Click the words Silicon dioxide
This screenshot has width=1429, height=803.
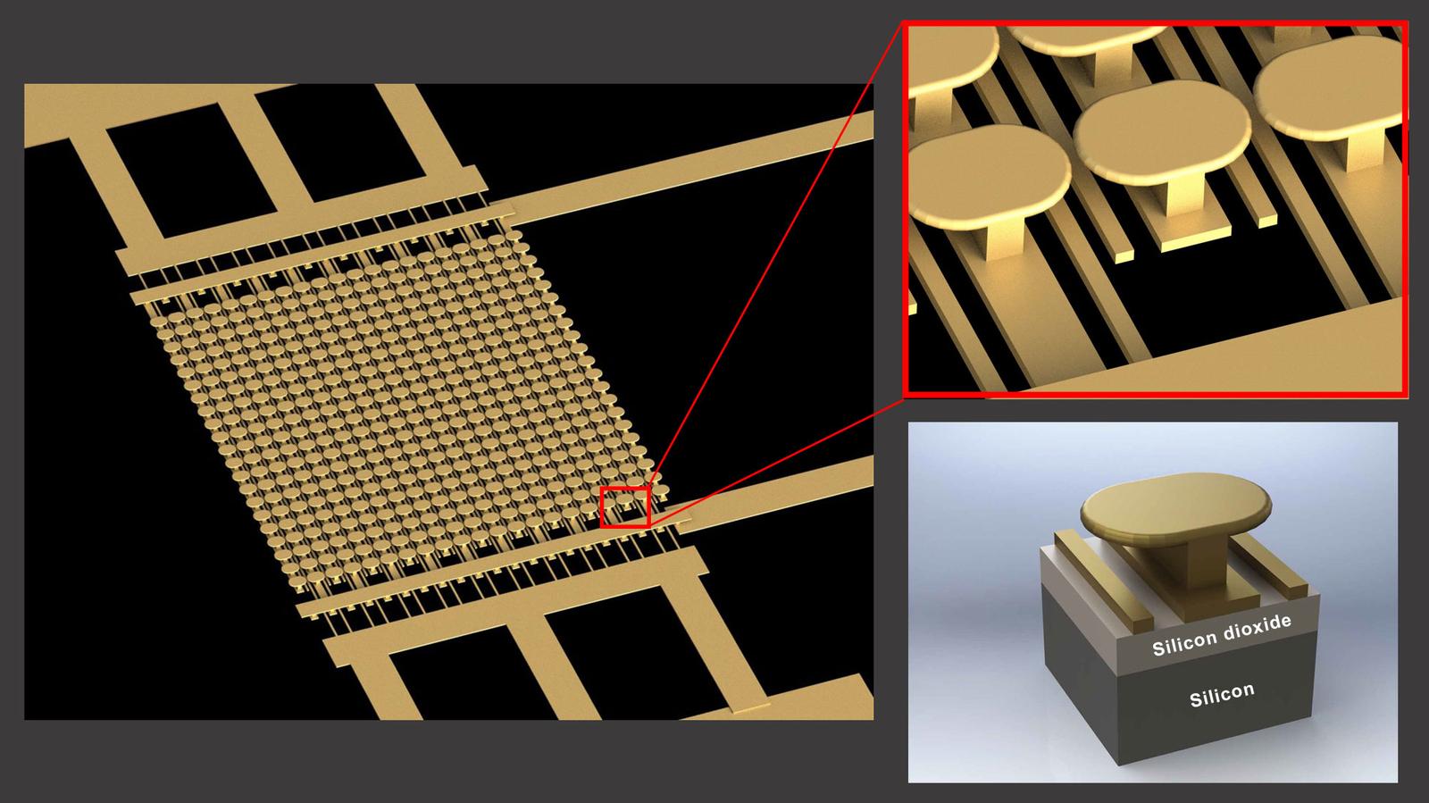1221,635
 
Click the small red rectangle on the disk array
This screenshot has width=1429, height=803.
624,507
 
